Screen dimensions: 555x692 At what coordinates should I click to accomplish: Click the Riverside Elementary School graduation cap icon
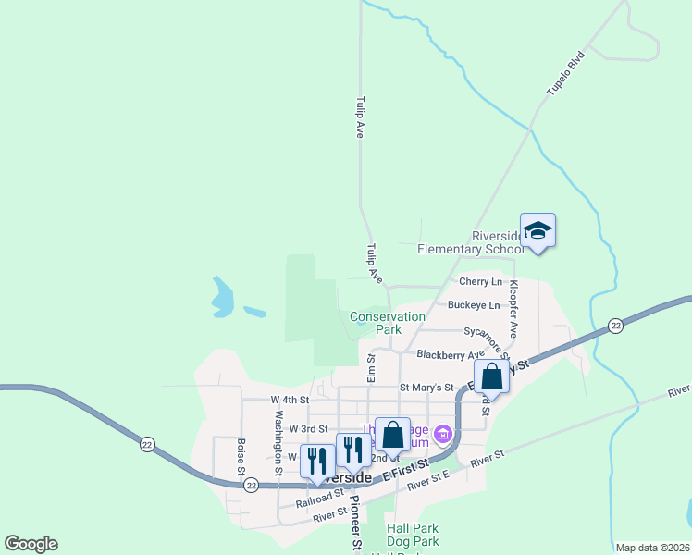click(x=537, y=230)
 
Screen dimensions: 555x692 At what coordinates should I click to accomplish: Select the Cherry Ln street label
click(x=480, y=281)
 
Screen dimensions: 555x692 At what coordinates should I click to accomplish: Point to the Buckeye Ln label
click(x=474, y=304)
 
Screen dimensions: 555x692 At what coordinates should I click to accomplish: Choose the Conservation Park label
click(x=388, y=323)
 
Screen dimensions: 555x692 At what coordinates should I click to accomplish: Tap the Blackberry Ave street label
click(x=451, y=354)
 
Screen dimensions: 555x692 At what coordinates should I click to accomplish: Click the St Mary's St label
click(x=426, y=388)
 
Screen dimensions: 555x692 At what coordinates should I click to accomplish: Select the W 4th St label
click(x=287, y=400)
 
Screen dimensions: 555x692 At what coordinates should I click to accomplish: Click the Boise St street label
click(x=240, y=456)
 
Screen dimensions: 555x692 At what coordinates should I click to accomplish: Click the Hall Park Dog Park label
click(x=412, y=536)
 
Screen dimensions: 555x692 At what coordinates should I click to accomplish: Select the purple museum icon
click(x=443, y=433)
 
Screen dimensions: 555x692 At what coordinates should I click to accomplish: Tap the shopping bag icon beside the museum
click(x=392, y=434)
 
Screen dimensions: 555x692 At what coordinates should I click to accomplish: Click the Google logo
click(x=31, y=544)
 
